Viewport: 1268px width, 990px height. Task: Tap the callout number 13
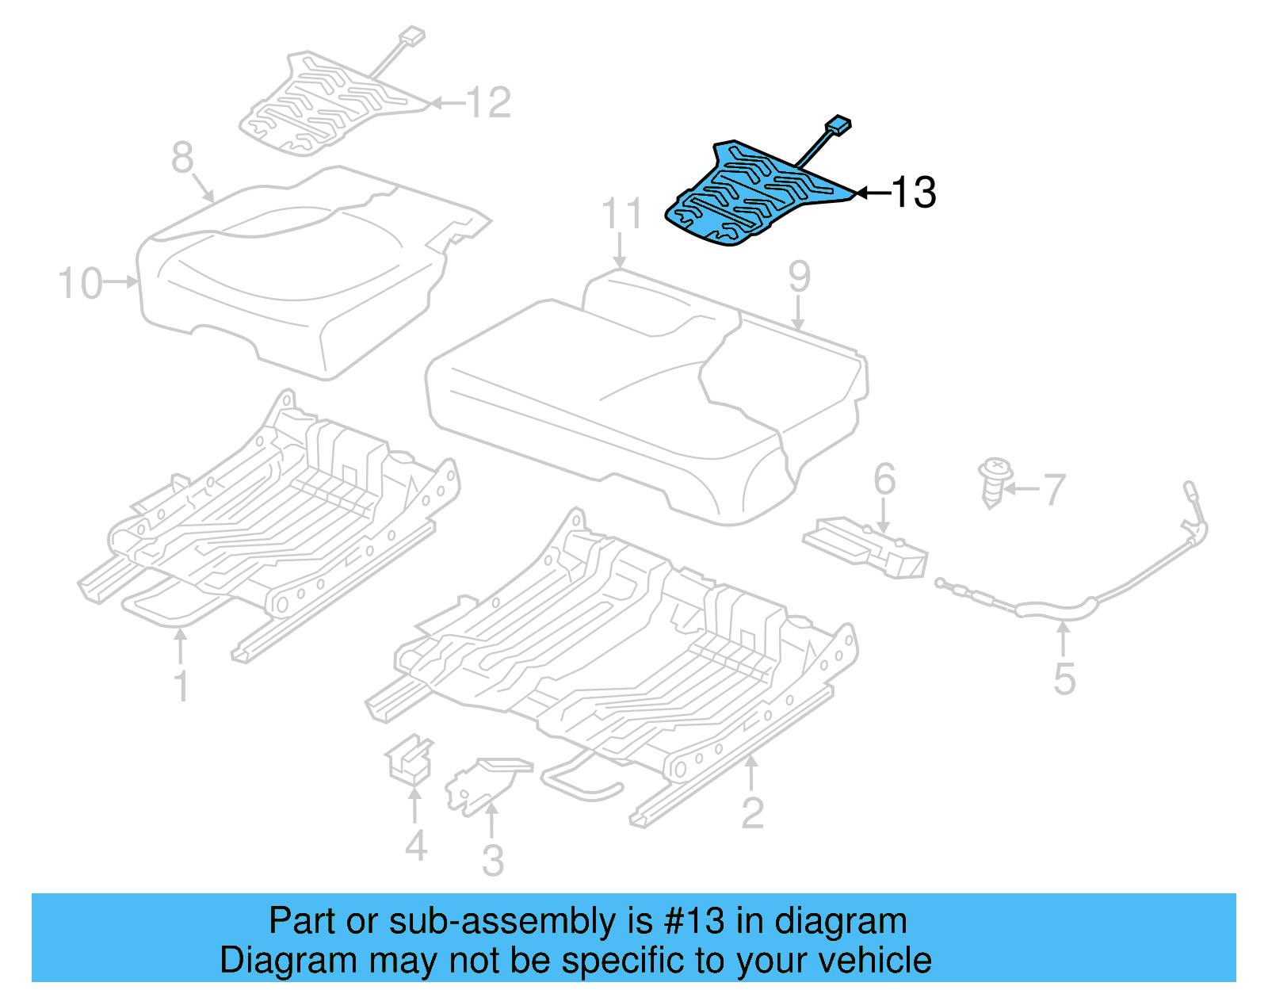914,193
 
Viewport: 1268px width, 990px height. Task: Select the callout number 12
488,103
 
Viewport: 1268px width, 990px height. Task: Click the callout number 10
80,283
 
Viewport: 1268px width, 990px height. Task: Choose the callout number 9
799,277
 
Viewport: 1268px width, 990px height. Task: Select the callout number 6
884,480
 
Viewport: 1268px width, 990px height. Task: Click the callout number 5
1064,678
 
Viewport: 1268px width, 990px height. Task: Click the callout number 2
752,812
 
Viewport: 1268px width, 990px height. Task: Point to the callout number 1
181,686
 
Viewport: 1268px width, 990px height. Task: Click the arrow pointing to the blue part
872,193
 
